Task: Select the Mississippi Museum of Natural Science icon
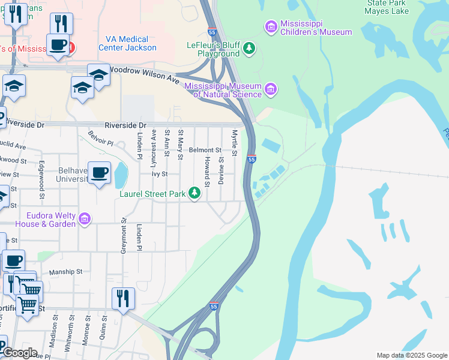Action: (271, 89)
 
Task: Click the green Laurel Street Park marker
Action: (194, 193)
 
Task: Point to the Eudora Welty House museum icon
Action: (84, 219)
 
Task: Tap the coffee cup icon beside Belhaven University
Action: (100, 173)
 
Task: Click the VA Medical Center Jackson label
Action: (131, 43)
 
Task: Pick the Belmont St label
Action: (205, 150)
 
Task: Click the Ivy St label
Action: (158, 173)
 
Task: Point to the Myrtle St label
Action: (235, 143)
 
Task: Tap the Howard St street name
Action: (206, 170)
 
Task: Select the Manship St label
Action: (65, 272)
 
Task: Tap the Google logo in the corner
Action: (19, 352)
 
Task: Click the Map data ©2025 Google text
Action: (412, 355)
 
